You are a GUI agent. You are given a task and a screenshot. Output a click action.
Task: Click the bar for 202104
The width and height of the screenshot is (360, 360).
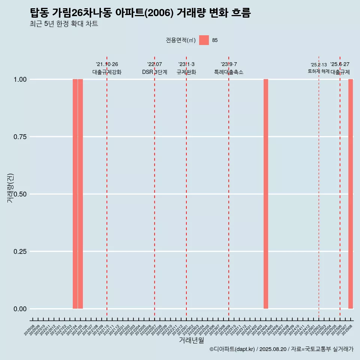click(x=75, y=194)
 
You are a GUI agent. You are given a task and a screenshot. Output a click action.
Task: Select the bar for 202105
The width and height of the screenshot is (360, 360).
click(x=80, y=194)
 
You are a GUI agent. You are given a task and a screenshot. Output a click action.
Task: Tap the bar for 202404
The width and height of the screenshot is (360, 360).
click(x=266, y=194)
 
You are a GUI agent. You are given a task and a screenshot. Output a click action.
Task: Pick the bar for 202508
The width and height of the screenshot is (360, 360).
click(x=351, y=194)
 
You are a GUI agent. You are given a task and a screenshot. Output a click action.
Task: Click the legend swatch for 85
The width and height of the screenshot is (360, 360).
click(x=204, y=40)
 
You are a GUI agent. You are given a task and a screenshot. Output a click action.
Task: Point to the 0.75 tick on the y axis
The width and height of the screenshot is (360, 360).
click(x=20, y=137)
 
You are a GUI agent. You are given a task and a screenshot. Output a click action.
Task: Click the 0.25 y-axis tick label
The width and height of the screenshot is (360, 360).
click(x=20, y=252)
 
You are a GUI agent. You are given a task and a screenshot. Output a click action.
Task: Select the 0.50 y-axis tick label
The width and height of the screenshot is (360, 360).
click(x=20, y=194)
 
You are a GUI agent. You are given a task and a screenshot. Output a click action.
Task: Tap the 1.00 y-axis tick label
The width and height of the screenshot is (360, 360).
click(x=20, y=79)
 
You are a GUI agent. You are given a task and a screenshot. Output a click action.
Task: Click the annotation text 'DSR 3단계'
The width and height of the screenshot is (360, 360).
click(x=154, y=72)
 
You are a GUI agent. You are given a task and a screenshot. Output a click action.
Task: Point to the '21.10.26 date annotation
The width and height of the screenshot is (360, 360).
click(x=107, y=64)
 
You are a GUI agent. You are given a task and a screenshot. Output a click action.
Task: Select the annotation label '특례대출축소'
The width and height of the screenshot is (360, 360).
click(x=229, y=72)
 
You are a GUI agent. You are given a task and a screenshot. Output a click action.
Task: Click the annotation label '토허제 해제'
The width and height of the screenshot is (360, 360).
click(x=318, y=71)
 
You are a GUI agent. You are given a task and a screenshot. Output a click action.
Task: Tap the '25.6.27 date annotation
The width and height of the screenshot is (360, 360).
click(x=340, y=64)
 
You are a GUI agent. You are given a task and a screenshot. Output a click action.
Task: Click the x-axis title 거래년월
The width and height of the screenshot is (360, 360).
click(x=191, y=340)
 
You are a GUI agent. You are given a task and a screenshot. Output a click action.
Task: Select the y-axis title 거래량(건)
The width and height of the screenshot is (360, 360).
click(x=10, y=187)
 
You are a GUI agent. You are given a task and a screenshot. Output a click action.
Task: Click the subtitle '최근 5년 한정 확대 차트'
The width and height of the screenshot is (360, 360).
click(x=64, y=24)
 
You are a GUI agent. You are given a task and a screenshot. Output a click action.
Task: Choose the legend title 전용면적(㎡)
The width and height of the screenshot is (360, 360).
click(x=181, y=40)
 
